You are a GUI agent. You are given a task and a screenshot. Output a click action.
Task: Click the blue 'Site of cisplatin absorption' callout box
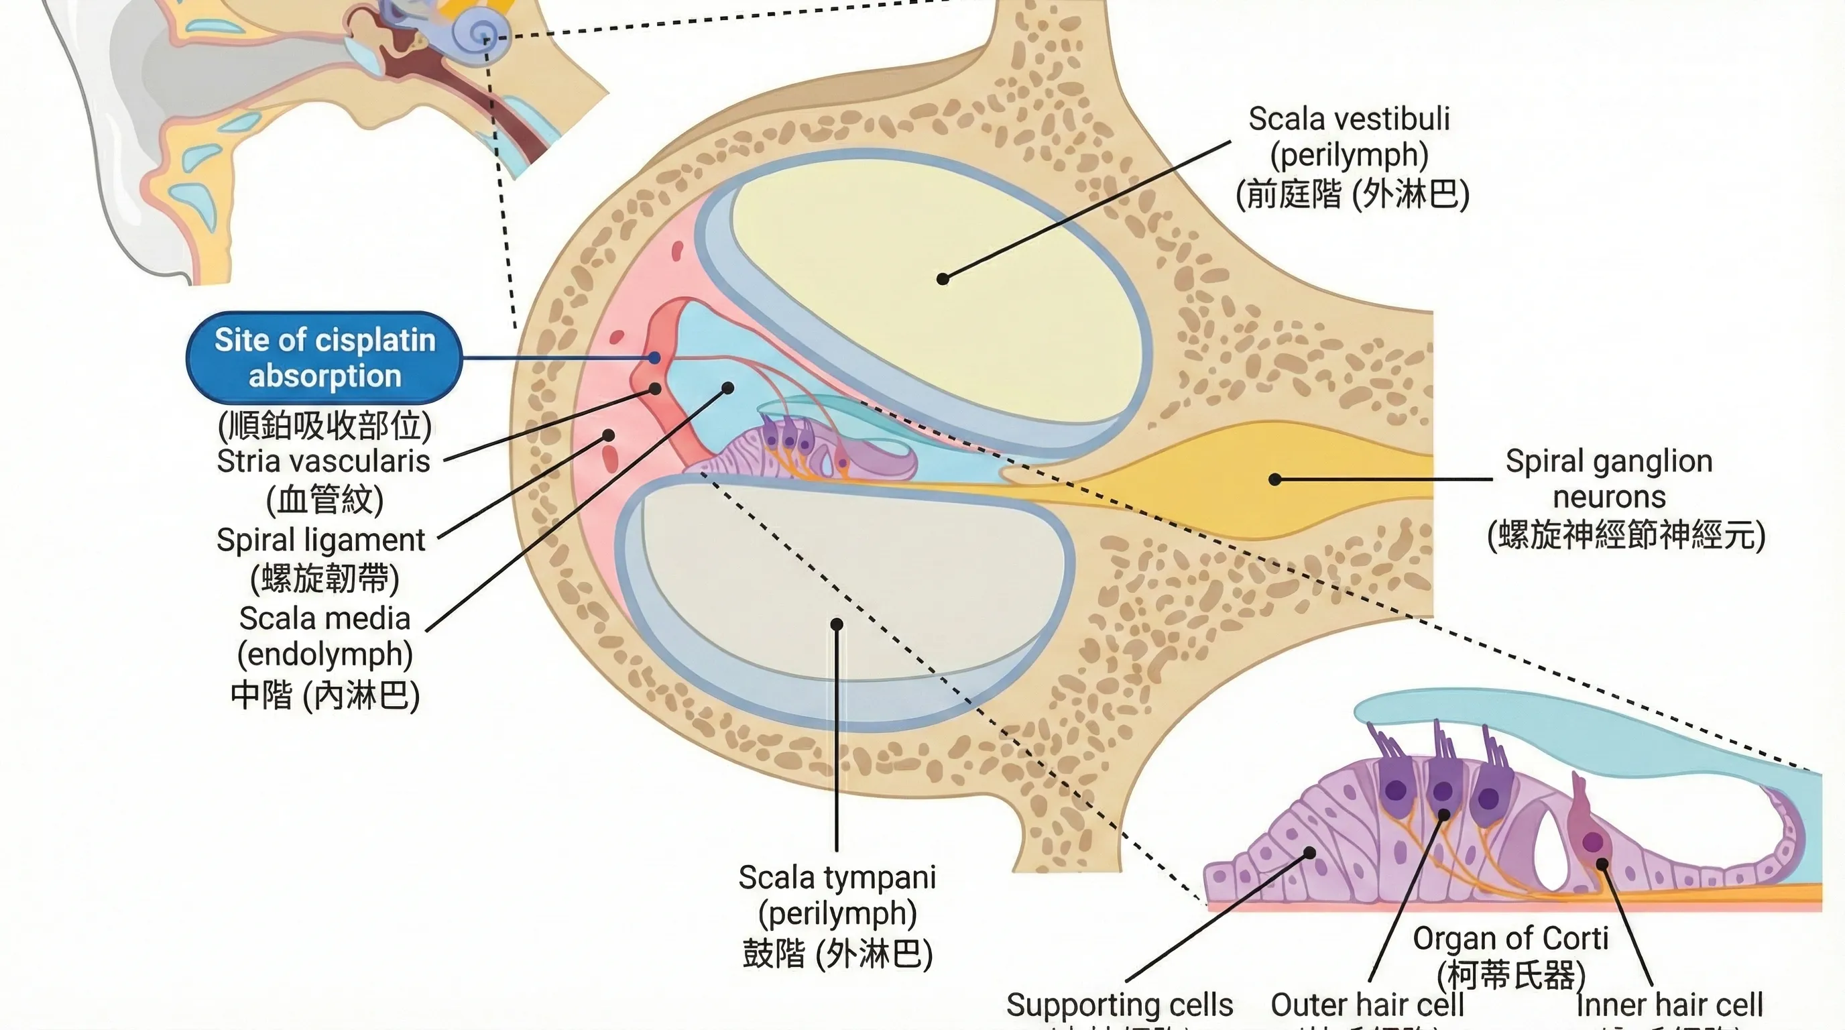324,357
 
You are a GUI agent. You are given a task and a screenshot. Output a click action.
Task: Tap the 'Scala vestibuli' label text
1349,119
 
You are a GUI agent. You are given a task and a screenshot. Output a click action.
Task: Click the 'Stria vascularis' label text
323,461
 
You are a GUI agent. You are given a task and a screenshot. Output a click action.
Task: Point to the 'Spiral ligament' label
321,539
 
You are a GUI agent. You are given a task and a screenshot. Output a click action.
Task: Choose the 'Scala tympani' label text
837,877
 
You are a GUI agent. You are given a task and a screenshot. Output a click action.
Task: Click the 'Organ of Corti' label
1510,937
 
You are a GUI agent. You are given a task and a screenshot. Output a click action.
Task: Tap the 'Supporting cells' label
1120,1005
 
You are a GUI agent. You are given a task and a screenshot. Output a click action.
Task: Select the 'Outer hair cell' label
1366,1005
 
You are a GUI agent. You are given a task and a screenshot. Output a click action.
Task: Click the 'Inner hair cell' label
1669,1005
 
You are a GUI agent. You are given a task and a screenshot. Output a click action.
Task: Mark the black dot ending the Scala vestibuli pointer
943,279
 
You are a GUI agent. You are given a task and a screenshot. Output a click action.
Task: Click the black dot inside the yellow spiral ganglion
1275,479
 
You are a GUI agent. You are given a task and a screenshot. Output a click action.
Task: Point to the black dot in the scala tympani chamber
837,624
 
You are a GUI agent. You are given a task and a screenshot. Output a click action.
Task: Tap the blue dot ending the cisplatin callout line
654,357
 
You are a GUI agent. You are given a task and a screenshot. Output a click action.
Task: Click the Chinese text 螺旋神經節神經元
1626,535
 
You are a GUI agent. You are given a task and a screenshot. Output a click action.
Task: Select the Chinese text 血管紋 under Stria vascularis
324,500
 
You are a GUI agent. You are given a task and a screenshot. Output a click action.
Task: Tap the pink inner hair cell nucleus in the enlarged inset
1592,842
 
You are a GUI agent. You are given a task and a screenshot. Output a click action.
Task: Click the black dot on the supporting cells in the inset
1309,853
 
